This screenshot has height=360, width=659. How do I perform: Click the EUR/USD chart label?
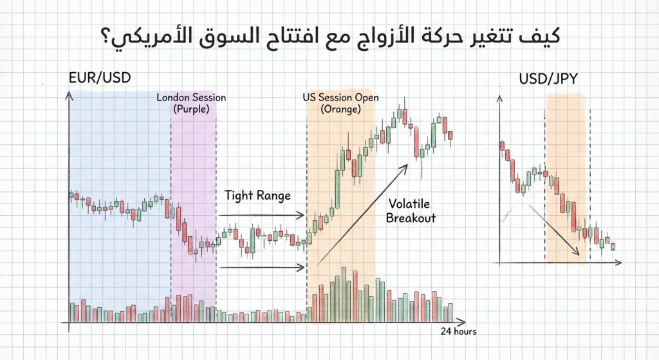pyautogui.click(x=99, y=79)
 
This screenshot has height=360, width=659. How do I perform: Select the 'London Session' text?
pyautogui.click(x=192, y=98)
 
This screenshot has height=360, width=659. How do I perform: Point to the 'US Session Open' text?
pyautogui.click(x=340, y=98)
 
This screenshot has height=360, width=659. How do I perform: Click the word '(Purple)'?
pyautogui.click(x=192, y=109)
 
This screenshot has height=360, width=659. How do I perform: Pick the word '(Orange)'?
pyautogui.click(x=340, y=109)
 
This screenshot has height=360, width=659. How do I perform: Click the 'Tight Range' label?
pyautogui.click(x=257, y=195)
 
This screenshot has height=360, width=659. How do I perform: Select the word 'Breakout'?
pyautogui.click(x=411, y=218)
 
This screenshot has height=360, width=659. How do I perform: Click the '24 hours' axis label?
pyautogui.click(x=458, y=332)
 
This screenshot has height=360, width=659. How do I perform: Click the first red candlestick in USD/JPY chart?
pyautogui.click(x=502, y=146)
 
